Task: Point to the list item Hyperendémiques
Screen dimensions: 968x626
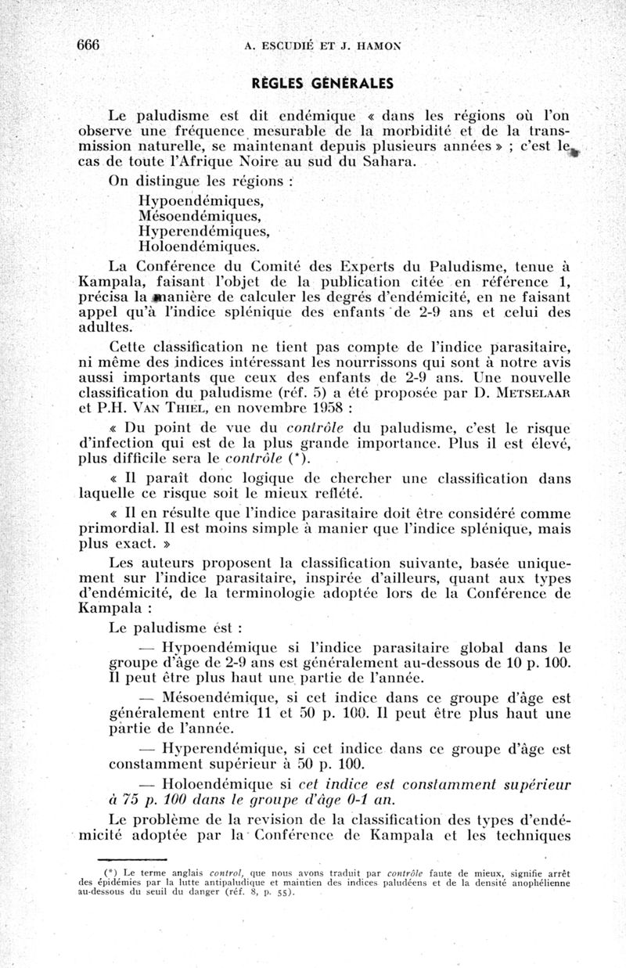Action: (x=203, y=231)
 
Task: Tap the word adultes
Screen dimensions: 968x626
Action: (x=105, y=326)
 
